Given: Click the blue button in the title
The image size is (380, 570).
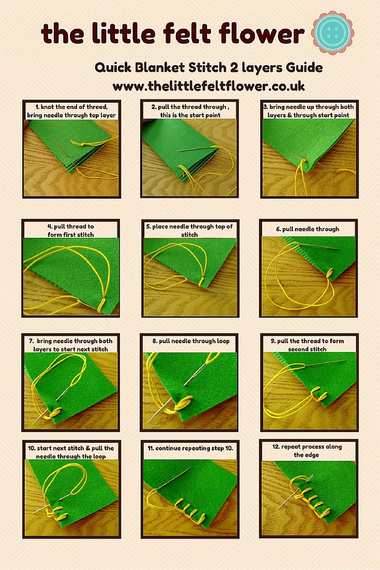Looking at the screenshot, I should [x=333, y=33].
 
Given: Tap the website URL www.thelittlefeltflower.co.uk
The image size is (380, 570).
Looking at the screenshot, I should [x=209, y=86].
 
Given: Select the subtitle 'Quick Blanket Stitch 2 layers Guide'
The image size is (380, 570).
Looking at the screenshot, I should [x=209, y=67].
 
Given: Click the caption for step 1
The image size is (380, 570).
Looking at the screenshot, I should [x=71, y=111].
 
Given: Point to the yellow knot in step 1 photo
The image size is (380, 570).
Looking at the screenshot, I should [x=77, y=142].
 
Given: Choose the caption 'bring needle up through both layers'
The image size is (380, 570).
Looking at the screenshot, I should [x=309, y=111].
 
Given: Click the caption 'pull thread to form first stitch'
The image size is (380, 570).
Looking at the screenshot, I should [x=71, y=230].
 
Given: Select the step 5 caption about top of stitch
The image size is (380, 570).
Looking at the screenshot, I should [x=190, y=230].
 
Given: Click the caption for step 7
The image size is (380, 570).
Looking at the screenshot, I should [x=71, y=345].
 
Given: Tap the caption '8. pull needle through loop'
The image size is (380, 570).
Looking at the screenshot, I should [x=190, y=341].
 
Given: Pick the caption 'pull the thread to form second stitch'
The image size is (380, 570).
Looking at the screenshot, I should [x=309, y=345].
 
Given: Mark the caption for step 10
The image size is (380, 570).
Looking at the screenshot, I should [x=71, y=452].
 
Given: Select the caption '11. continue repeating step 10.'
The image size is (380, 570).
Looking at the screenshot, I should [x=190, y=448].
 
